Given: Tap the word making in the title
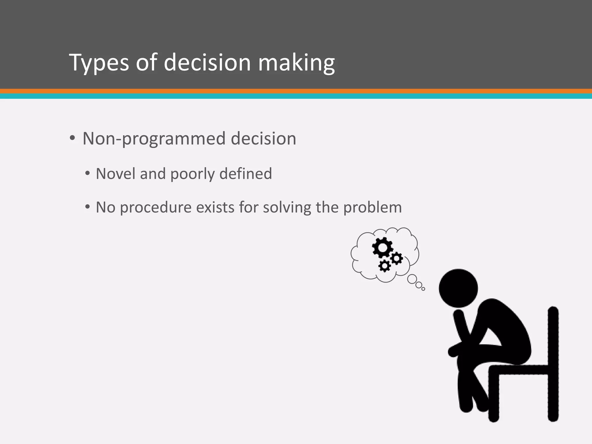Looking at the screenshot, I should click(x=296, y=62).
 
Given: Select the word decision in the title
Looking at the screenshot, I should click(x=207, y=62).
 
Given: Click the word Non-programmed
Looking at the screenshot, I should click(x=153, y=139).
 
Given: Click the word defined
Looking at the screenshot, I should click(x=245, y=174).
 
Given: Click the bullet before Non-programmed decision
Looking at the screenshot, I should click(x=72, y=138).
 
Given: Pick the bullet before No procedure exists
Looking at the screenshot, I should click(x=88, y=207).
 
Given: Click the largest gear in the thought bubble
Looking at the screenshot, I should click(x=382, y=248).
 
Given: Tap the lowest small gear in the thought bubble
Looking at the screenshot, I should click(x=384, y=265).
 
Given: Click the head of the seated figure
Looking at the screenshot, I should click(x=458, y=288).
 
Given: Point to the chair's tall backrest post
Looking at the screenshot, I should click(x=553, y=364).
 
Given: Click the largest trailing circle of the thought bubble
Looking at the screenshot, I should click(x=412, y=279).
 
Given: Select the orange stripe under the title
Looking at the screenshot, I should click(x=296, y=91).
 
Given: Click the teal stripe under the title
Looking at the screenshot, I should click(x=296, y=96).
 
